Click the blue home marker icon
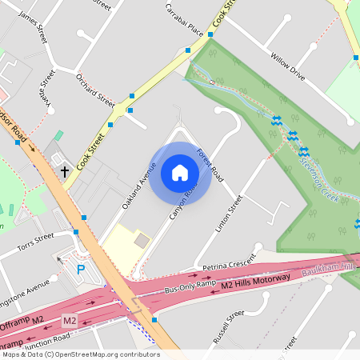point(180,173)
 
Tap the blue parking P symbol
point(81,270)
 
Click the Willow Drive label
point(287,66)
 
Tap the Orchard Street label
point(95,89)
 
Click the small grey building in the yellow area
point(142,240)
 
